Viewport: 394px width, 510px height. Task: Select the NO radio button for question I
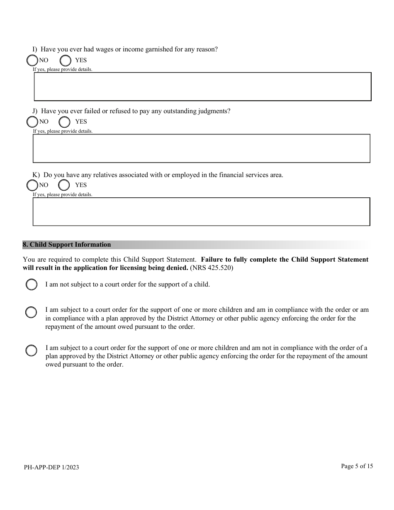tap(32, 61)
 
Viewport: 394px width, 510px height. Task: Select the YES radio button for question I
tap(65, 61)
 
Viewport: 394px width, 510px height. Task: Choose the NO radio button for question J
tap(32, 122)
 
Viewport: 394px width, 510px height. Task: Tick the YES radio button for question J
tap(64, 122)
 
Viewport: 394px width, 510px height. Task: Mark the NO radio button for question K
tap(32, 185)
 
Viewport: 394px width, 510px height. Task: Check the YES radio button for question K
tap(64, 185)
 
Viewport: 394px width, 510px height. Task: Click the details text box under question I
tap(202, 87)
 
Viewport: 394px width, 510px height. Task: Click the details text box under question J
tap(202, 148)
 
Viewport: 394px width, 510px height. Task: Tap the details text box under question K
tap(202, 211)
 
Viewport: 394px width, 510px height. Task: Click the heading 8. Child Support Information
tap(67, 245)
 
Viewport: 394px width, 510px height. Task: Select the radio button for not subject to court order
tap(32, 285)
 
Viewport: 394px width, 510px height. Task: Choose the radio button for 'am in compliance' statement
tap(31, 312)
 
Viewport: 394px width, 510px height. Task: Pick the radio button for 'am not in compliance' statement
tap(31, 350)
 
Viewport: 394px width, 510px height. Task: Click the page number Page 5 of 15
tap(357, 466)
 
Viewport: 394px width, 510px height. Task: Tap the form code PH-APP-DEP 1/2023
tap(51, 467)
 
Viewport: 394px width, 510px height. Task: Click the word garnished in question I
tap(153, 49)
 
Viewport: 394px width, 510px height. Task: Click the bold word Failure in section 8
tap(212, 260)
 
